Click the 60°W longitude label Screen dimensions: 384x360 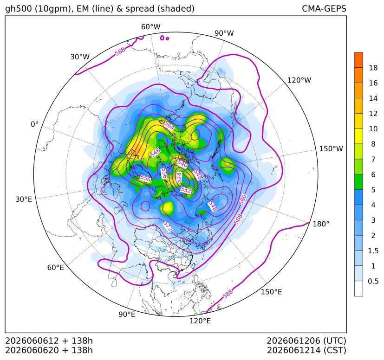(150, 27)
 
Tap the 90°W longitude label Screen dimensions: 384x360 (224, 33)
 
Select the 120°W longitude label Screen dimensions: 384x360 (299, 80)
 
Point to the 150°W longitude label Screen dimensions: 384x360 (331, 149)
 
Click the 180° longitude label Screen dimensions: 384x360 (321, 224)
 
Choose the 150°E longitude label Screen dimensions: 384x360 (271, 292)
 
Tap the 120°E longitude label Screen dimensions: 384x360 (200, 321)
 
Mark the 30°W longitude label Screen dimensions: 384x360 (80, 57)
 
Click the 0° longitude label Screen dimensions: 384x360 (34, 124)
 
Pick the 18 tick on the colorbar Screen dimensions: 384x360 (373, 68)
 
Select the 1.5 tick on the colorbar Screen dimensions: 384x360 (373, 251)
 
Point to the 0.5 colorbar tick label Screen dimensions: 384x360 (373, 281)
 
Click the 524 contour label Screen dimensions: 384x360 (179, 177)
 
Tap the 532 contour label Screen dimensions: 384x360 (186, 190)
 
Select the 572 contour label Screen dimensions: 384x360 (168, 226)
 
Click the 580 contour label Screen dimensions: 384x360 (243, 199)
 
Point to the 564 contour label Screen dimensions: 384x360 (169, 126)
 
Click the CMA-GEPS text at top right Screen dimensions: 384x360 (324, 9)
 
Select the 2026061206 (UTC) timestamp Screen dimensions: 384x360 (306, 341)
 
